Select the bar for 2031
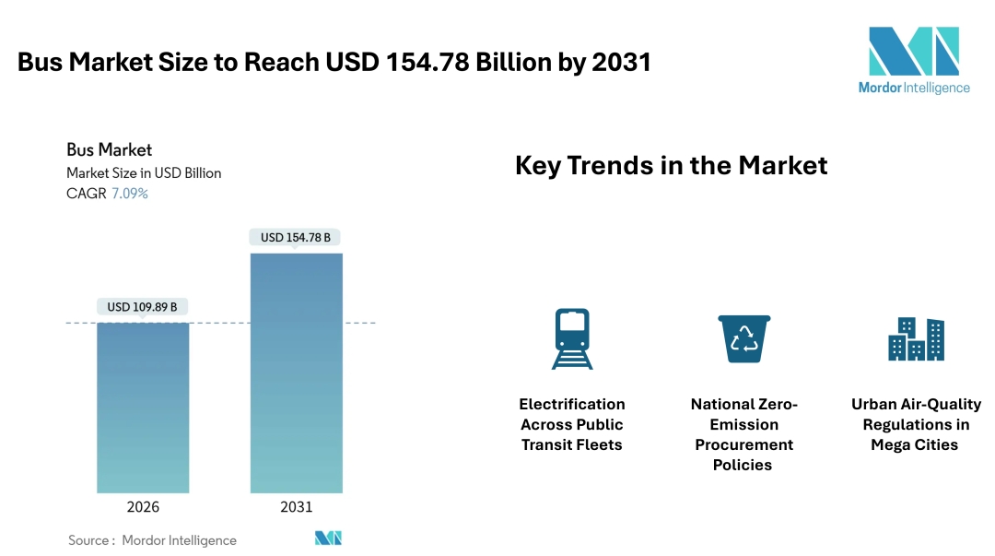[296, 373]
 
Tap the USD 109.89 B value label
[142, 307]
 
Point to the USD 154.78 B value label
[295, 238]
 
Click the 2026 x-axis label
[143, 507]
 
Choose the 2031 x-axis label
[296, 507]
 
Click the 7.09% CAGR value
[130, 194]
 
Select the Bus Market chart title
[109, 149]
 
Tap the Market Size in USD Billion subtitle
[144, 172]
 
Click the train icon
[572, 338]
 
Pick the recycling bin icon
[743, 338]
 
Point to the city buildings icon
[916, 339]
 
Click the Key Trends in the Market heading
[671, 166]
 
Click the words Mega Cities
[915, 444]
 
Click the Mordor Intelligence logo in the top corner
[913, 60]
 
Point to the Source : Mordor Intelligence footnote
[152, 540]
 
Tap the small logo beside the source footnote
[328, 538]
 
